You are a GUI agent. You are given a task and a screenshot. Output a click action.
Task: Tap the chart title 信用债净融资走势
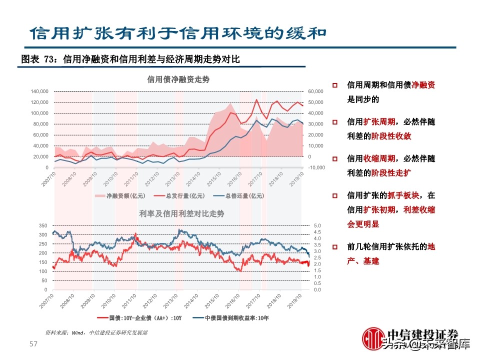coord(178,79)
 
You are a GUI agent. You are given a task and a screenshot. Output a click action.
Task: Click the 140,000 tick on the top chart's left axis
coord(39,91)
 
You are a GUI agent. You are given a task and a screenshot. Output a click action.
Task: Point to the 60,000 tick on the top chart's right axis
coord(316,91)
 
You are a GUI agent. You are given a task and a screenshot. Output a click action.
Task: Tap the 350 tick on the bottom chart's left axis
coord(43,226)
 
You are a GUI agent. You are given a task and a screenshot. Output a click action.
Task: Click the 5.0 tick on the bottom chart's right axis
coord(316,226)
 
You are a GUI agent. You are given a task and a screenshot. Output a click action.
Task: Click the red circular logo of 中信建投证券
coord(371,339)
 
